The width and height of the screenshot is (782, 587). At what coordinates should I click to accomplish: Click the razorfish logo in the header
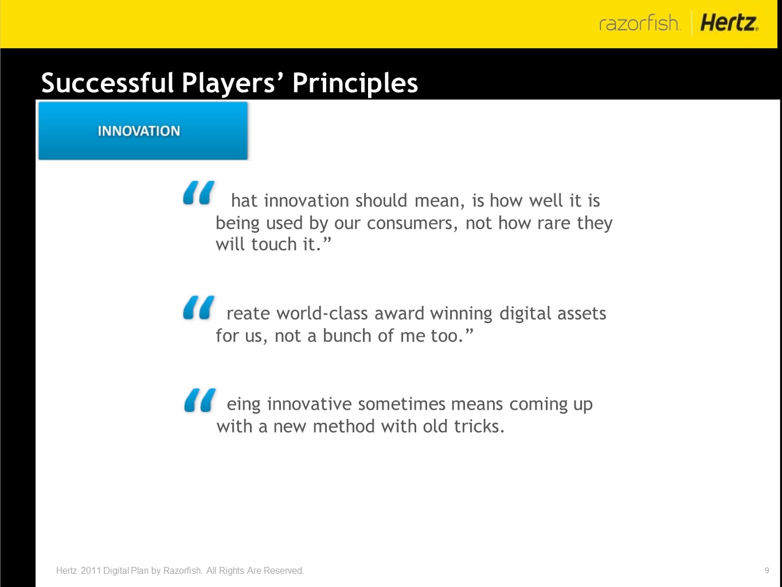639,23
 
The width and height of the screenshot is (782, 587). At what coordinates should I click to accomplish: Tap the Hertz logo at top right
729,23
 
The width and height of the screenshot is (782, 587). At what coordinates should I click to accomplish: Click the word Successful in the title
107,83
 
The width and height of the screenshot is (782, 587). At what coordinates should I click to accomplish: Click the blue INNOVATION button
143,131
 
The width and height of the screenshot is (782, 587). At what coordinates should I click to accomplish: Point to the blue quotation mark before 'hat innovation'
199,192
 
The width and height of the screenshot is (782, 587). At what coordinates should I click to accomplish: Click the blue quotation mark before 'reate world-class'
199,307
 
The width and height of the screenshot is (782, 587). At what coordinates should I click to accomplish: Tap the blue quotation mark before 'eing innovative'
200,401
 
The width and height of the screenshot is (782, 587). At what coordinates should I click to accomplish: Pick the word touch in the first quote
274,244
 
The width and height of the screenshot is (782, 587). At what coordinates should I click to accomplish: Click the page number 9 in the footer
767,570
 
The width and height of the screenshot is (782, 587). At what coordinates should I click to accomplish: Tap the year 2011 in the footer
91,570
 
